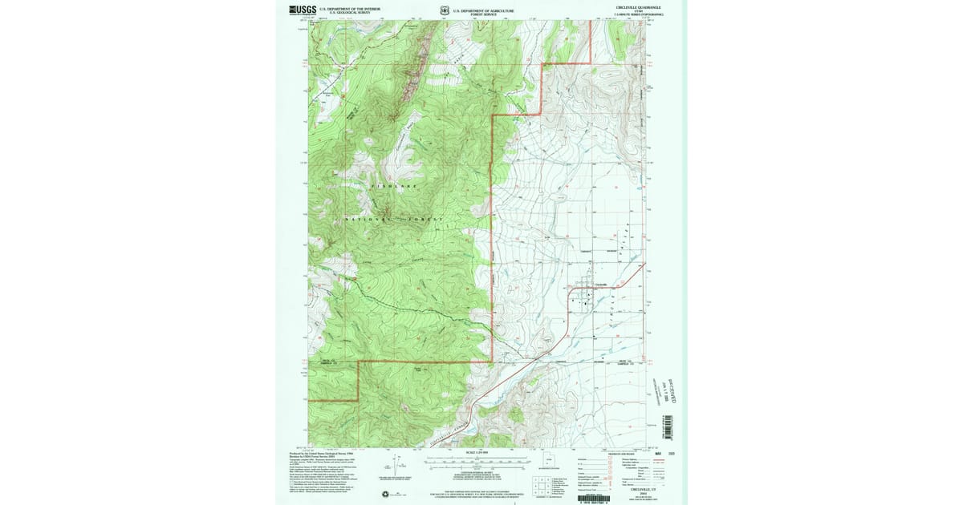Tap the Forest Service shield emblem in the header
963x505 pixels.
click(444, 10)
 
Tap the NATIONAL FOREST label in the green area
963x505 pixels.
click(393, 219)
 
